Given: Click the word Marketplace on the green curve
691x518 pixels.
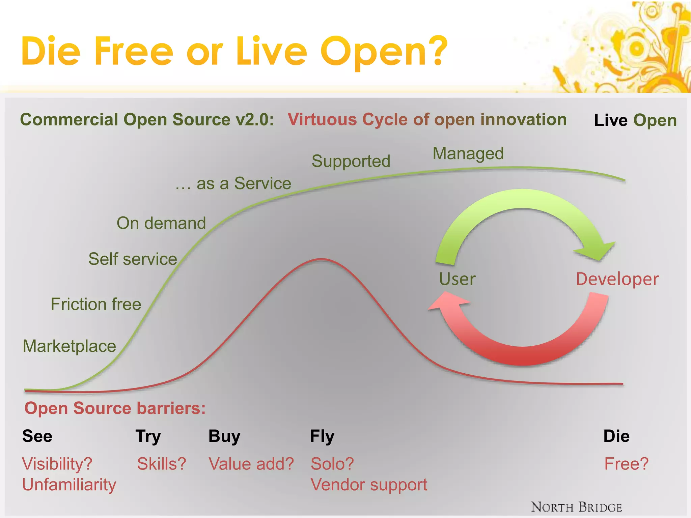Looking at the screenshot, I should (69, 346).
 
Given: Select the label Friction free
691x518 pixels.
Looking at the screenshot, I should (96, 304).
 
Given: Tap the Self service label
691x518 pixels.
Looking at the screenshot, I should (133, 259).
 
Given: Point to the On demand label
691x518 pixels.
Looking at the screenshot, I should (161, 223).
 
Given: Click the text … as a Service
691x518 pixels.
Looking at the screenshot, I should (233, 184).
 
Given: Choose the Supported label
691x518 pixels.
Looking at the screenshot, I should (351, 161).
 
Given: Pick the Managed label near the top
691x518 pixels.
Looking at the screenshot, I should (468, 154).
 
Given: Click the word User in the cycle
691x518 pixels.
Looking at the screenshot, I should (457, 279).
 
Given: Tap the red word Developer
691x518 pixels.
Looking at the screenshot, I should (617, 279).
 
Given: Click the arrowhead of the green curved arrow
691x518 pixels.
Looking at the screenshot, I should (597, 251).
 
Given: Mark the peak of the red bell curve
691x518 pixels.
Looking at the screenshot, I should (322, 259).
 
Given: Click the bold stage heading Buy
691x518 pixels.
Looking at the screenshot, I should (224, 436).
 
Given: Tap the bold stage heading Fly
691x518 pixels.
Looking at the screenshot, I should (322, 436).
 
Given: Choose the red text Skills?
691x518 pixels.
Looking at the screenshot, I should (162, 464).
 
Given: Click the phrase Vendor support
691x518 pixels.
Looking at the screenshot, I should (369, 485).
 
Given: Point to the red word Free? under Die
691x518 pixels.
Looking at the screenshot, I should (626, 464).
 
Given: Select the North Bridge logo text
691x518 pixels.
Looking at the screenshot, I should (576, 507).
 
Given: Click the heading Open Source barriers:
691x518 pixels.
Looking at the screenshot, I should (115, 408).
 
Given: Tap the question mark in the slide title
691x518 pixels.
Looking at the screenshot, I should (438, 51).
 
